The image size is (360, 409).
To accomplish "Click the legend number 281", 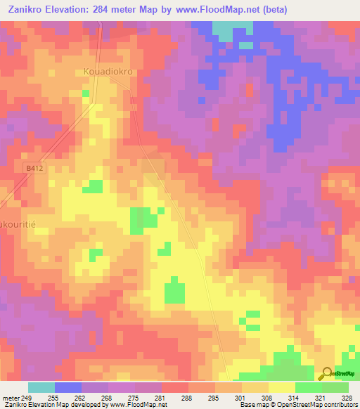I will pos(160,398).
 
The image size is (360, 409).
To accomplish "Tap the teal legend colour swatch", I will pos(41,387).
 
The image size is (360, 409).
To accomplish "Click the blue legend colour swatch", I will pos(68,387).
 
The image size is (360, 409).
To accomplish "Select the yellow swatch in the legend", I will pos(282,387).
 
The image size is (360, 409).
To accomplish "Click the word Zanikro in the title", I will pos(27,9).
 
